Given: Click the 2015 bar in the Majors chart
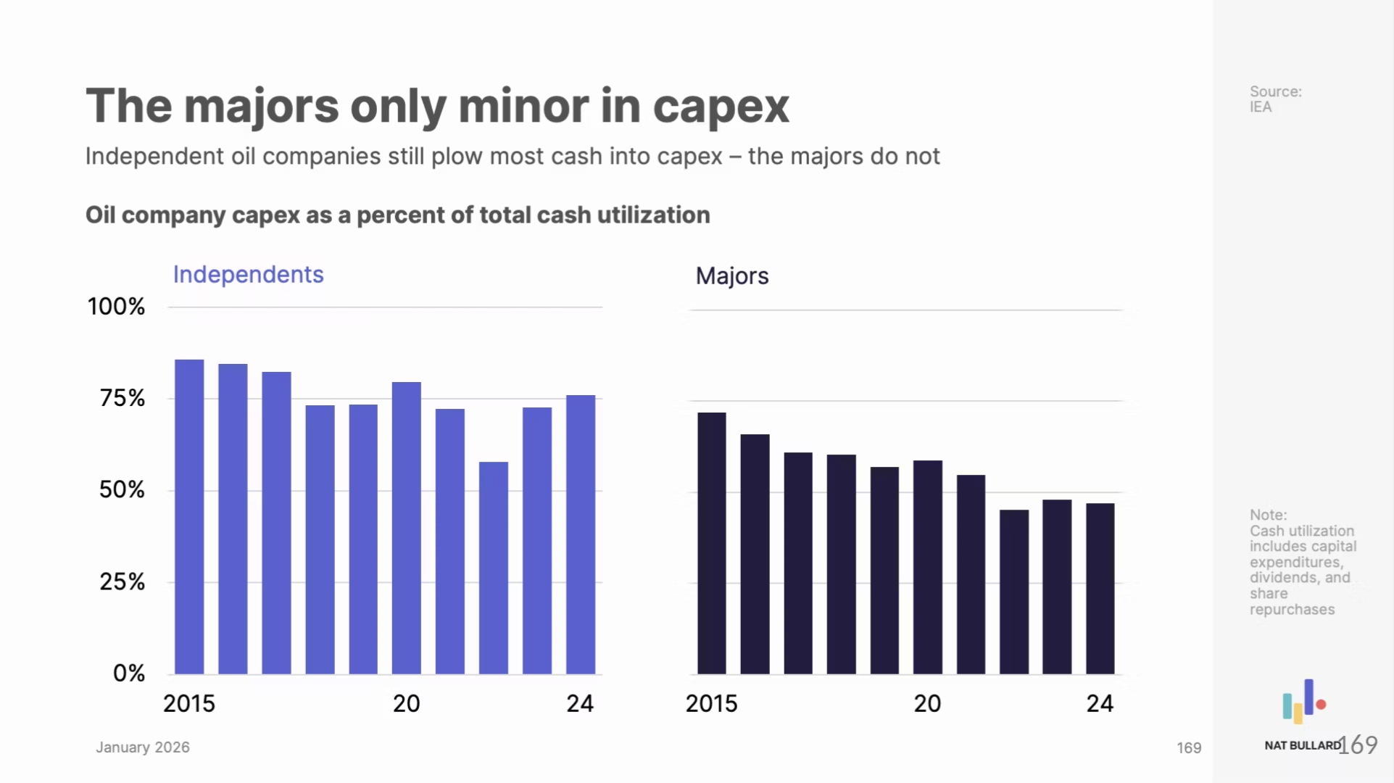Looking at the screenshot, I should click(711, 543).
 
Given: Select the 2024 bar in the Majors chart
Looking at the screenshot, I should click(1100, 589).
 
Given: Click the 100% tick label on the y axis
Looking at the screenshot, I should click(116, 307).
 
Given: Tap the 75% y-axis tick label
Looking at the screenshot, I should click(122, 398).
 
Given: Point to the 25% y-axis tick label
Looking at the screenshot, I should click(122, 581).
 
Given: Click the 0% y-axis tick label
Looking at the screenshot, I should click(128, 674).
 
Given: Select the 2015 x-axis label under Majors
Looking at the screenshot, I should click(711, 703).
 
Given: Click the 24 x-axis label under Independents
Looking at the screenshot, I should click(580, 703).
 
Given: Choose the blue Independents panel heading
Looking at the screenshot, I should click(248, 275).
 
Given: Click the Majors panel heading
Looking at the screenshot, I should click(731, 276).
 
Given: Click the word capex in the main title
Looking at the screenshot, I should click(721, 107).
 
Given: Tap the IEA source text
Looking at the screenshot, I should click(1260, 107).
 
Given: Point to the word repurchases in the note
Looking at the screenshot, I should click(1292, 610).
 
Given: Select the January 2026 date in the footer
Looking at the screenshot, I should click(143, 747).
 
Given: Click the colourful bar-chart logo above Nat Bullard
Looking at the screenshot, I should click(1303, 702).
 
